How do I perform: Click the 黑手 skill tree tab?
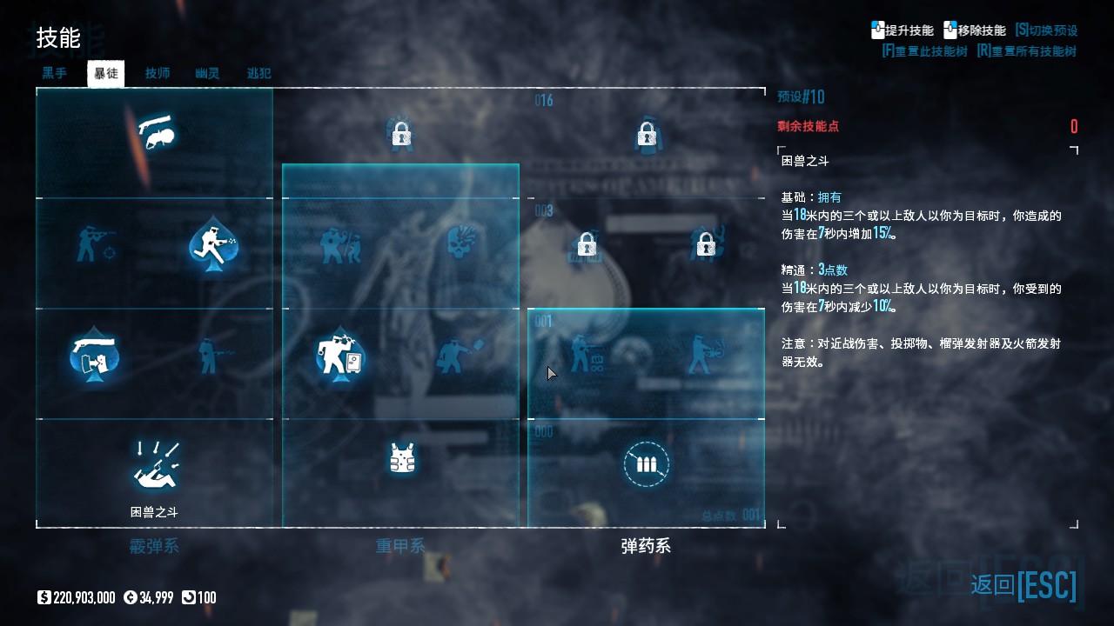[x=55, y=74]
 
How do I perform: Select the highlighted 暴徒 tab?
[x=106, y=74]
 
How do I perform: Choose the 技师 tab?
[x=158, y=74]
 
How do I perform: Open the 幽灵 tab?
[x=208, y=74]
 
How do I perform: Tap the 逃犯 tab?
[x=259, y=74]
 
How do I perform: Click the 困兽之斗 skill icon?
[x=155, y=465]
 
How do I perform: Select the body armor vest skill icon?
[x=401, y=458]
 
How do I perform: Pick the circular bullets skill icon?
[x=646, y=464]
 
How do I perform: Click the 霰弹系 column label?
[x=154, y=547]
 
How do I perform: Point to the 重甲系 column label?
[x=400, y=547]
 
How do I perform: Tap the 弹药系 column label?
[x=646, y=547]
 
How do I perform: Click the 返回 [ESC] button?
[x=1023, y=585]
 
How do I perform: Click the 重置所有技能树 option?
[x=1027, y=51]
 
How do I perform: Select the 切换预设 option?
[x=1047, y=30]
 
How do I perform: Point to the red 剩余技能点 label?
[x=809, y=127]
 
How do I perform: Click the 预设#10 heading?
[x=801, y=97]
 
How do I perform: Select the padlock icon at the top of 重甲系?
[x=400, y=134]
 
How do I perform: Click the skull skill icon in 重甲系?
[x=462, y=244]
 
